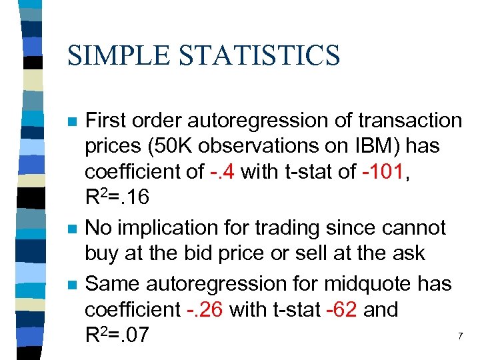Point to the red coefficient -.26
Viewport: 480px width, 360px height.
(203, 310)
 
